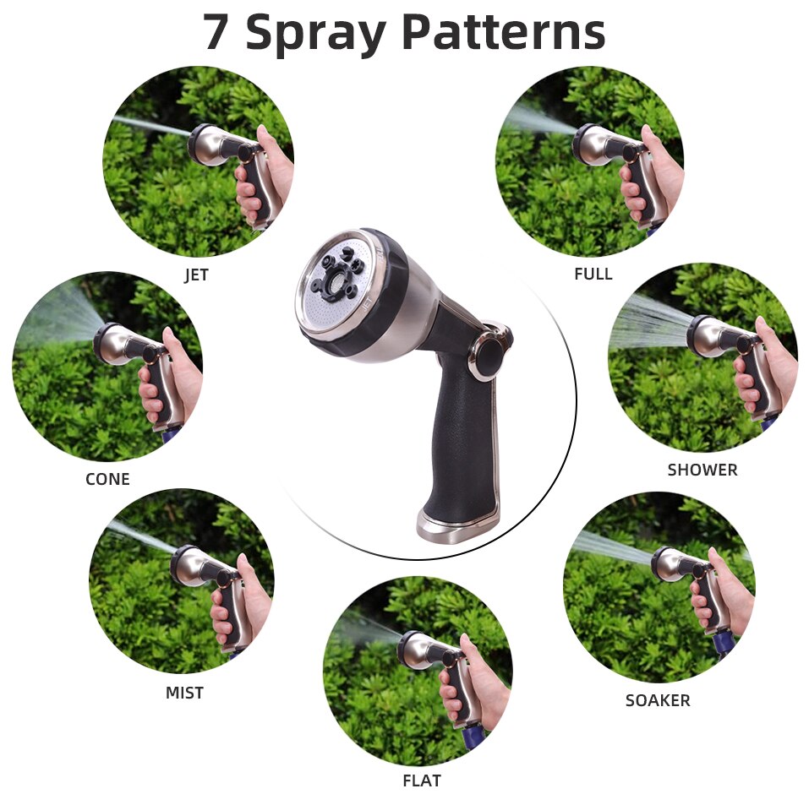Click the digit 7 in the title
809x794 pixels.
point(217,32)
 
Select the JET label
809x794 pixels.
point(196,275)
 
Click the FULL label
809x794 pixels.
point(593,274)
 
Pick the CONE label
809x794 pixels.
point(107,479)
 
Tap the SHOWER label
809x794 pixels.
point(702,470)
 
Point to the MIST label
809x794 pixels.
point(184,693)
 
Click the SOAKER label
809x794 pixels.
point(658,700)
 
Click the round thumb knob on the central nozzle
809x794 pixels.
point(489,356)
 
